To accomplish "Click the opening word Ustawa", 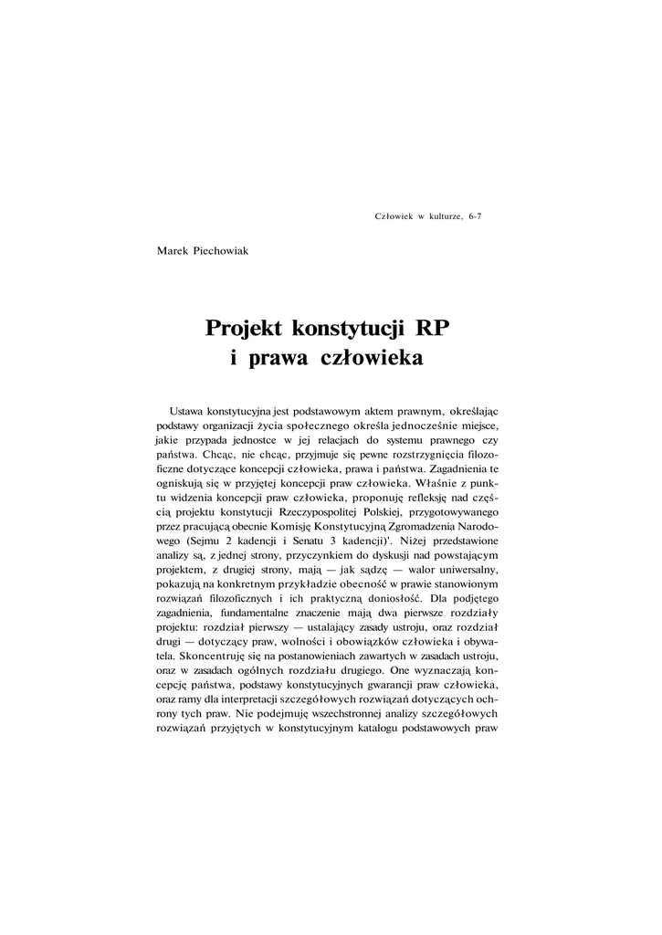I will pos(187,413).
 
